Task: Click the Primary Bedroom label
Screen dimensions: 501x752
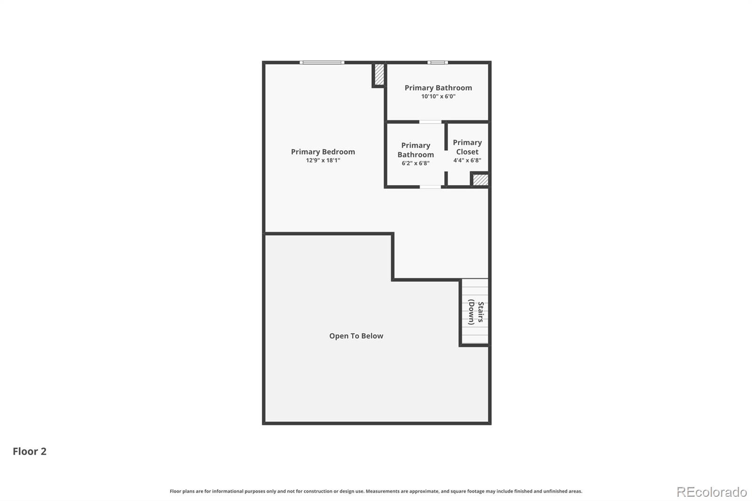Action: pyautogui.click(x=323, y=152)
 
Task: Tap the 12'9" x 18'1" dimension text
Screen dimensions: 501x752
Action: pyautogui.click(x=323, y=160)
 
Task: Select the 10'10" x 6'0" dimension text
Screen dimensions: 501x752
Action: pyautogui.click(x=438, y=96)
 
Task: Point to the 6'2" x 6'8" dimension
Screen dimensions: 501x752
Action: pyautogui.click(x=415, y=164)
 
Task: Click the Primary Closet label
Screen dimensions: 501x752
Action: pyautogui.click(x=467, y=147)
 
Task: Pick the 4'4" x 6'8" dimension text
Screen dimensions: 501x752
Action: pyautogui.click(x=467, y=160)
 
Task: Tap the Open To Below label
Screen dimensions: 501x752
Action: pyautogui.click(x=356, y=336)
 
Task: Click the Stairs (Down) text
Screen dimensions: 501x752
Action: pyautogui.click(x=476, y=313)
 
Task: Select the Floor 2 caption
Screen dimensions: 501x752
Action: pyautogui.click(x=29, y=451)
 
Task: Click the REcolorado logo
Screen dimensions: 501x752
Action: pyautogui.click(x=712, y=492)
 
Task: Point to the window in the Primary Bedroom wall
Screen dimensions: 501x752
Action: pyautogui.click(x=322, y=63)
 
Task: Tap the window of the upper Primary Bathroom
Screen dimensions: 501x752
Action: pyautogui.click(x=438, y=63)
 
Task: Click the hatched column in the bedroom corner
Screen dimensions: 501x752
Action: pyautogui.click(x=379, y=74)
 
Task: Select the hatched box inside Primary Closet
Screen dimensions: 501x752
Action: pyautogui.click(x=480, y=180)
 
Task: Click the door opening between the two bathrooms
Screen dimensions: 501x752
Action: pyautogui.click(x=431, y=122)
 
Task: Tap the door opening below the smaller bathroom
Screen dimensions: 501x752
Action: pyautogui.click(x=431, y=187)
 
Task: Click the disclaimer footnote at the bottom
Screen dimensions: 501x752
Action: pyautogui.click(x=376, y=491)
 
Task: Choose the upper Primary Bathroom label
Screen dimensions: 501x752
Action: pyautogui.click(x=438, y=88)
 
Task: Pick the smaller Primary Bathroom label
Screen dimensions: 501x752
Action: pyautogui.click(x=415, y=150)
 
